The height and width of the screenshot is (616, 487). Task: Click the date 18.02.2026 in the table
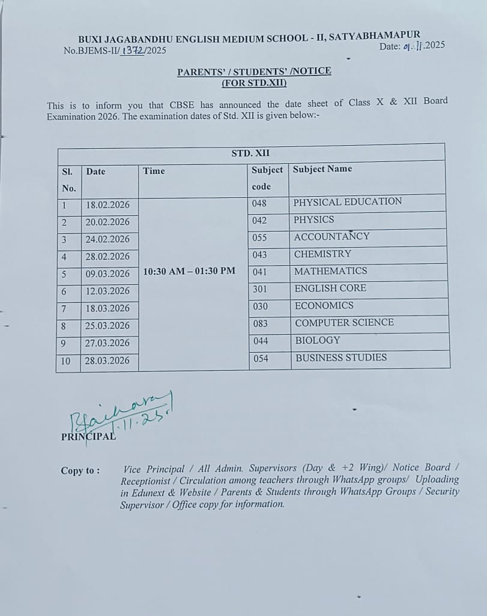pyautogui.click(x=108, y=205)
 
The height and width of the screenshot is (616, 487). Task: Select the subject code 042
pyautogui.click(x=259, y=220)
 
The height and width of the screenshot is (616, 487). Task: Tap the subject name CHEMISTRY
pyautogui.click(x=322, y=254)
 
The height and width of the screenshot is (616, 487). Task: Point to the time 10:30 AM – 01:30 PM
pyautogui.click(x=189, y=271)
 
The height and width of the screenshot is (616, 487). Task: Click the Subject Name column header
pyautogui.click(x=322, y=169)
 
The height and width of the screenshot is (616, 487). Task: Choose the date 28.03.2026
pyautogui.click(x=108, y=360)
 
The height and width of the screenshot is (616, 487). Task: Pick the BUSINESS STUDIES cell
pyautogui.click(x=340, y=357)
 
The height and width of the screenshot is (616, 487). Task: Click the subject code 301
pyautogui.click(x=259, y=289)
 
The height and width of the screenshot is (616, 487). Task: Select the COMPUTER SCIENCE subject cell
pyautogui.click(x=344, y=323)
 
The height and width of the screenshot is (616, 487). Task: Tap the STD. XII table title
pyautogui.click(x=251, y=154)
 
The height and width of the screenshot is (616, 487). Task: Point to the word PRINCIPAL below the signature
pyautogui.click(x=88, y=437)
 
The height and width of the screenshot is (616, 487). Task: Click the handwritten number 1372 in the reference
pyautogui.click(x=133, y=50)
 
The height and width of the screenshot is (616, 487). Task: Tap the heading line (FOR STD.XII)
pyautogui.click(x=254, y=83)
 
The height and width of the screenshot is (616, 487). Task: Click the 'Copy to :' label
pyautogui.click(x=80, y=471)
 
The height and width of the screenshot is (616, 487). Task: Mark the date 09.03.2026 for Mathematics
pyautogui.click(x=108, y=274)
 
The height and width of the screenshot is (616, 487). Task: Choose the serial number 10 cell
pyautogui.click(x=65, y=361)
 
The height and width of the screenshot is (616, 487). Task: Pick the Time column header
pyautogui.click(x=154, y=171)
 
